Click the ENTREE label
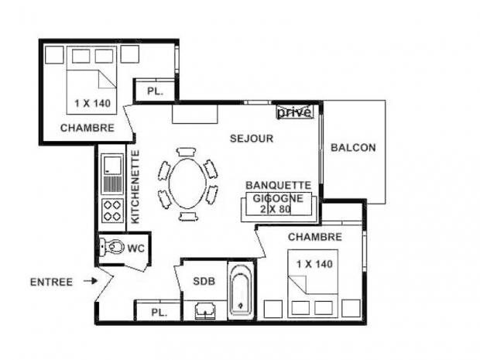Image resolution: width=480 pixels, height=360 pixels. [51, 282]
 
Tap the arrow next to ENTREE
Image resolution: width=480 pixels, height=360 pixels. [91, 281]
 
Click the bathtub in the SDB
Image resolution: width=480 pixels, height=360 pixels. [241, 290]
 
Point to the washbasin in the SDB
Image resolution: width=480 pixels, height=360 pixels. [205, 310]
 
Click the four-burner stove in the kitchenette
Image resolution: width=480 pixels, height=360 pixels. [112, 211]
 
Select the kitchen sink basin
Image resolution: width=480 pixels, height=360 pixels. [111, 166]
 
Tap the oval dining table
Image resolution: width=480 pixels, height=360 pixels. [187, 183]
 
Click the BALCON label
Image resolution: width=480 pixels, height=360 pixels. [353, 148]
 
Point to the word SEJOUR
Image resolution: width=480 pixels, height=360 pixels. [252, 139]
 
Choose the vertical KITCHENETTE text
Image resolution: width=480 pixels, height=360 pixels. [135, 187]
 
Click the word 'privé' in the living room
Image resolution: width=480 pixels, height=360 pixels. [294, 111]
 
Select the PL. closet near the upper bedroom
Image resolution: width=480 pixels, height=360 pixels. [155, 91]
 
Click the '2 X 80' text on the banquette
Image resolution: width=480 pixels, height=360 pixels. [276, 210]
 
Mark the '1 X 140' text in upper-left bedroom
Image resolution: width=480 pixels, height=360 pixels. [92, 104]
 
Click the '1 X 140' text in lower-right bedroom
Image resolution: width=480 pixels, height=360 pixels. [314, 264]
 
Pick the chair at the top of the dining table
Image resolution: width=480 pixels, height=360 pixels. [187, 152]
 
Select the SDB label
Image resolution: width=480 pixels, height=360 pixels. [204, 281]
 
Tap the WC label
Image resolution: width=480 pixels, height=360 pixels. [136, 249]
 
